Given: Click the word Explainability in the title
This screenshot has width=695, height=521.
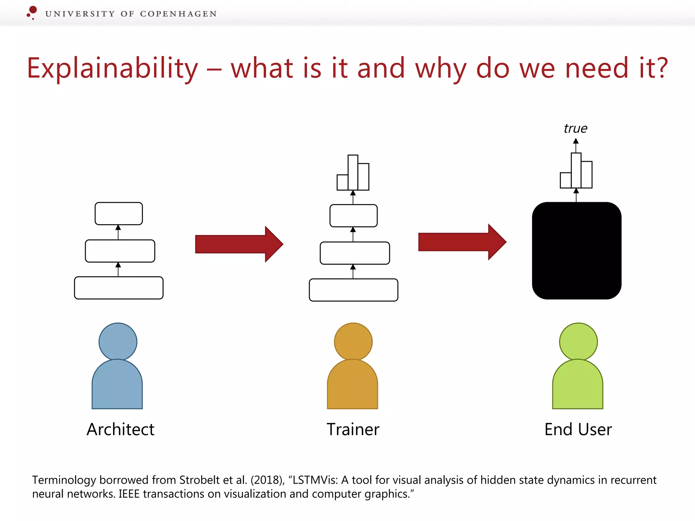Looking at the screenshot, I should click(x=112, y=69).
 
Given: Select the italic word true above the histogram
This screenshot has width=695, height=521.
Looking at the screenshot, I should click(x=576, y=129).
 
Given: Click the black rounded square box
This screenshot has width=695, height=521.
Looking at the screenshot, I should click(x=577, y=251).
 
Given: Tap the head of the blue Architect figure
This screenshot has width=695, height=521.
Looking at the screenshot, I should click(x=118, y=341).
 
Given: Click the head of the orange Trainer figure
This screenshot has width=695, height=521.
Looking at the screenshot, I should click(x=353, y=341).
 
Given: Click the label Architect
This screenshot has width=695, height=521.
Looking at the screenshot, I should click(x=120, y=429).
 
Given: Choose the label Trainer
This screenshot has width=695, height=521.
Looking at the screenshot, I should click(x=353, y=429).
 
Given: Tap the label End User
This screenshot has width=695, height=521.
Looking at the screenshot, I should click(x=578, y=429).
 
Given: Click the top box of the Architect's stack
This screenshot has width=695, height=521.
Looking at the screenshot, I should click(x=118, y=214).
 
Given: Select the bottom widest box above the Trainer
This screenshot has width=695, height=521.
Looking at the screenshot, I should click(x=353, y=290).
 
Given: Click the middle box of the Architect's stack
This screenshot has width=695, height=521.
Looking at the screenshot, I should click(x=120, y=251).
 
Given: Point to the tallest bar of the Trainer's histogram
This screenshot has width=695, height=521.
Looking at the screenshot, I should click(x=353, y=172).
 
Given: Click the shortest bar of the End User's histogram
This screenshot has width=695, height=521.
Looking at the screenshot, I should click(x=565, y=180).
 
